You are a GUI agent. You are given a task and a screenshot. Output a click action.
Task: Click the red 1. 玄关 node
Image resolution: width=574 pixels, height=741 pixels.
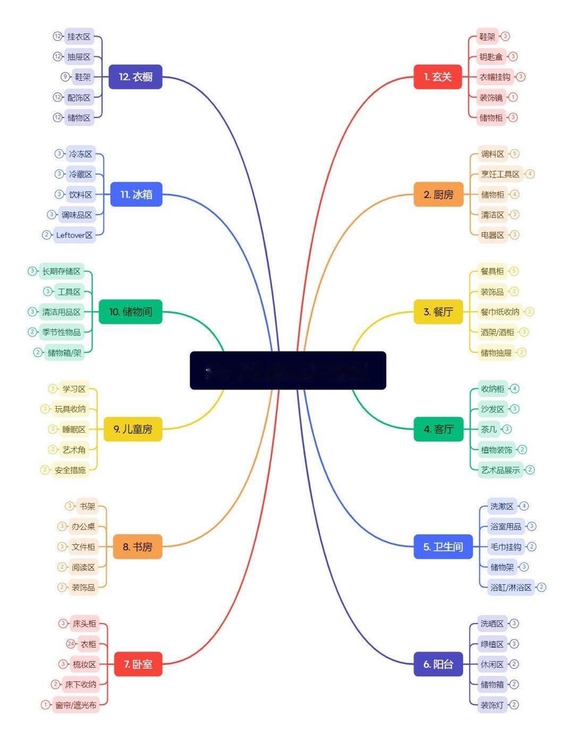(x=437, y=77)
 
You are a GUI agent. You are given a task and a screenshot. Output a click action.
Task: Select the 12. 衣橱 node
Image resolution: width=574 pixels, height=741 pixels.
(x=135, y=77)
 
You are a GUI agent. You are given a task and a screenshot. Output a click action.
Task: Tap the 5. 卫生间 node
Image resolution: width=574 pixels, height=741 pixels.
(x=443, y=546)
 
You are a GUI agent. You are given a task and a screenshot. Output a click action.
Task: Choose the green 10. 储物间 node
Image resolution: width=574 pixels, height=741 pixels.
(x=130, y=311)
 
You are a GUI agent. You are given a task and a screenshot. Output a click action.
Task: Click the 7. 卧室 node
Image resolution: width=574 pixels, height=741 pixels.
(x=138, y=664)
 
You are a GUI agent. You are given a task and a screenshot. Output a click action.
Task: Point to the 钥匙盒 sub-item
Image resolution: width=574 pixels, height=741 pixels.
(x=491, y=56)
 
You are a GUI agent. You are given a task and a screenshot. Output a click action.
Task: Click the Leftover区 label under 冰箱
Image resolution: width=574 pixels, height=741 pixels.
(x=74, y=235)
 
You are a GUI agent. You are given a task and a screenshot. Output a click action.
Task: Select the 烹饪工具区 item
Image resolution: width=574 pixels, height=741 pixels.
(x=500, y=174)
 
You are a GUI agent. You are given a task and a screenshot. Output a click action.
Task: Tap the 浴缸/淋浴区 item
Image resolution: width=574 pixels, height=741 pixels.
(x=511, y=587)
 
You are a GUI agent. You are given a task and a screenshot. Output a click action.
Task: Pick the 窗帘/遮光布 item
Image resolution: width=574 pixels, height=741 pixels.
(x=76, y=705)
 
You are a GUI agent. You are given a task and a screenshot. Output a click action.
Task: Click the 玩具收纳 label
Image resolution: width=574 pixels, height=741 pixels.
(x=70, y=409)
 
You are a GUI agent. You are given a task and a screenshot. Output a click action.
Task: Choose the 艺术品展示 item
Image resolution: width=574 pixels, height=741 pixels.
(x=500, y=470)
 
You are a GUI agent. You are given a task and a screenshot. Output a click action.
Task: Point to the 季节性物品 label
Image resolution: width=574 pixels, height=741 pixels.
(x=62, y=332)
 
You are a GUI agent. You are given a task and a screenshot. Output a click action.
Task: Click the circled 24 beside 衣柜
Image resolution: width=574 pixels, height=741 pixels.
(x=71, y=644)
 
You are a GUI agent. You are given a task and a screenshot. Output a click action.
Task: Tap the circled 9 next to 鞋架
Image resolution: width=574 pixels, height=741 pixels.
(x=65, y=77)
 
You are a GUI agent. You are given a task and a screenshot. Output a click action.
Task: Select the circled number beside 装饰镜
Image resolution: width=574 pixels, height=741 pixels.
(x=513, y=97)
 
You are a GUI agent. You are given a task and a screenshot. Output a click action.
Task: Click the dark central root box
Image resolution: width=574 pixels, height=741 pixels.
(x=288, y=371)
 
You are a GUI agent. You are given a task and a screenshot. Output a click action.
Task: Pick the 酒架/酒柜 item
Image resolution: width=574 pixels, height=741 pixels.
(x=497, y=332)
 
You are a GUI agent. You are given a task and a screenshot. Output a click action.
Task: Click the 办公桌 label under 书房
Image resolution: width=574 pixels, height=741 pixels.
(x=83, y=526)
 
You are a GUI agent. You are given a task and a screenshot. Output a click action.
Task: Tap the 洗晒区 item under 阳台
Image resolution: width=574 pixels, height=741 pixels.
(x=492, y=624)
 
